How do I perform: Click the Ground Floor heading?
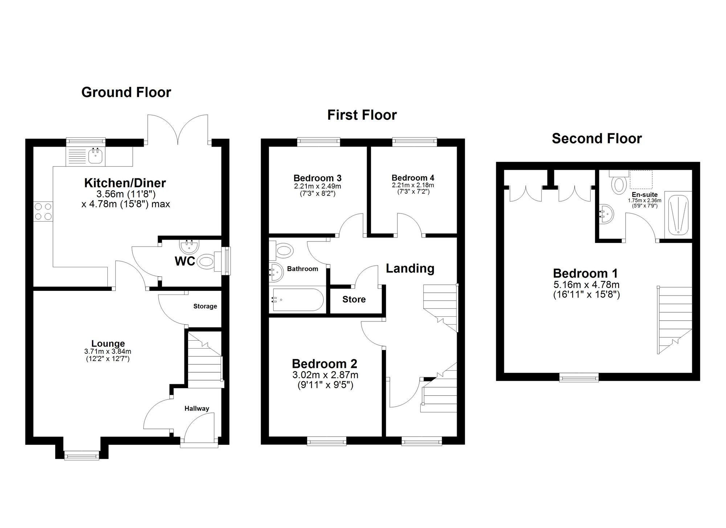point(126,92)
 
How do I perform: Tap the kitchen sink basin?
point(96,157)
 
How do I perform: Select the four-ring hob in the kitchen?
point(43,211)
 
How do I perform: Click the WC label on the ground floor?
point(185,261)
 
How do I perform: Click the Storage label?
point(205,306)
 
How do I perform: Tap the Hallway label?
point(197,409)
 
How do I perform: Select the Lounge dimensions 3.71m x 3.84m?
point(108,352)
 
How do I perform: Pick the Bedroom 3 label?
point(317,178)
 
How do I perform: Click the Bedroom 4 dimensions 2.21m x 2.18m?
point(413,185)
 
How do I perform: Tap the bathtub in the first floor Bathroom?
point(298,300)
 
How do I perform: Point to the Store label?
point(354,299)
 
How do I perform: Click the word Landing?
point(410,268)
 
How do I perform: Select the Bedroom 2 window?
point(327,441)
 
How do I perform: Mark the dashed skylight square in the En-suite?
point(641,180)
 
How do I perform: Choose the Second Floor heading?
point(597,138)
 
